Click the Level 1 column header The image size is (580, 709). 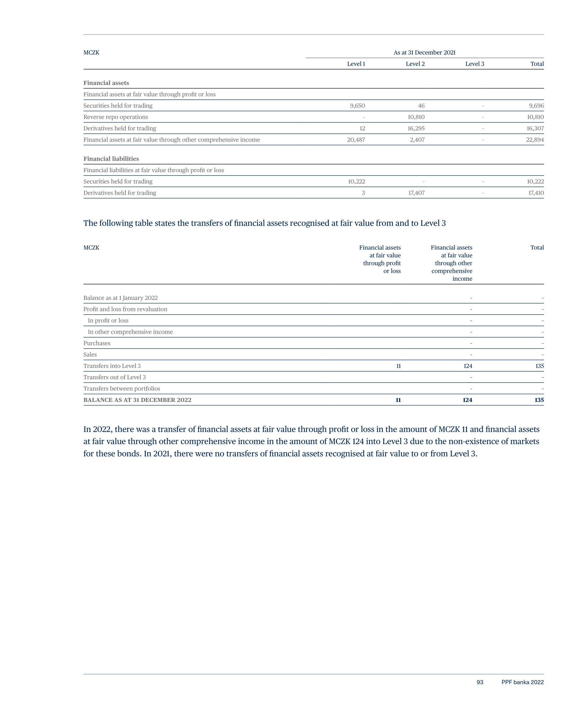click(x=356, y=64)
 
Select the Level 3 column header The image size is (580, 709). click(x=475, y=64)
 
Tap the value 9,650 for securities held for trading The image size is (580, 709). click(x=357, y=105)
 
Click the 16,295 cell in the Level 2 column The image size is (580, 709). click(x=416, y=128)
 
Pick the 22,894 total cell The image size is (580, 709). click(x=535, y=140)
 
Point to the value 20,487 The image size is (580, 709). click(x=356, y=140)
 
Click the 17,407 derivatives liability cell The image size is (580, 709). click(x=416, y=193)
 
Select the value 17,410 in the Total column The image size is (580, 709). click(x=535, y=193)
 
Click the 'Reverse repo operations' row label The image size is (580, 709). click(x=115, y=117)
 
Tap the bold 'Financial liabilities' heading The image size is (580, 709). click(x=111, y=159)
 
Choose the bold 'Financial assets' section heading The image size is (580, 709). click(x=106, y=83)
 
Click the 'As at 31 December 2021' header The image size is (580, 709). click(x=424, y=52)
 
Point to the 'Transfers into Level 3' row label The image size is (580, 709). click(x=112, y=366)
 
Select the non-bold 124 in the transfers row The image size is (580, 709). click(x=468, y=366)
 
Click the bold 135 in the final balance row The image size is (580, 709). click(x=539, y=400)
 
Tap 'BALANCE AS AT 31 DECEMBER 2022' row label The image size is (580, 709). click(x=137, y=400)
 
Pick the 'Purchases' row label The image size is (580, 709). click(x=97, y=343)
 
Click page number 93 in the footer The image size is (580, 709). click(x=480, y=682)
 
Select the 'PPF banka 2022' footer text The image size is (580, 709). click(x=522, y=682)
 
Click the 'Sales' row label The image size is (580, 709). click(x=90, y=355)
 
